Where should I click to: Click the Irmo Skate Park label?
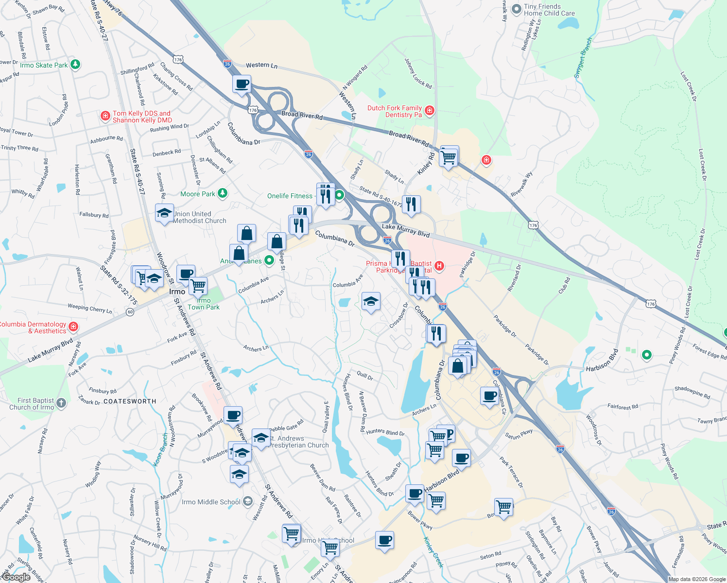coord(44,65)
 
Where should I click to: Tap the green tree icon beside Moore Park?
coord(222,193)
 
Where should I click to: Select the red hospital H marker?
coord(439,265)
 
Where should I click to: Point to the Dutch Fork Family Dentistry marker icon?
coord(429,111)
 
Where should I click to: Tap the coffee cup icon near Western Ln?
coord(242,84)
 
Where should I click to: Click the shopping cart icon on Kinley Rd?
coord(448,157)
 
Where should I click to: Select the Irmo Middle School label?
coord(211,502)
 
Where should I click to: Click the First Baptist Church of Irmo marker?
coord(61,402)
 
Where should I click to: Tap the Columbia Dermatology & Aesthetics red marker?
coord(73,326)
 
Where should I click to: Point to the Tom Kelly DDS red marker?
coord(105,116)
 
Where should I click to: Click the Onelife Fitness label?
coord(290,196)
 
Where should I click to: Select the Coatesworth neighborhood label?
coord(130,401)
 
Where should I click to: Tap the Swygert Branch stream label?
coord(583,57)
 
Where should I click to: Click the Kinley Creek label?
coord(433,552)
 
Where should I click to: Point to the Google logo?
coord(16,577)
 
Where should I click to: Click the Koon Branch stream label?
coord(161,450)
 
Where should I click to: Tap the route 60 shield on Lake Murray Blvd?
coord(130,312)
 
